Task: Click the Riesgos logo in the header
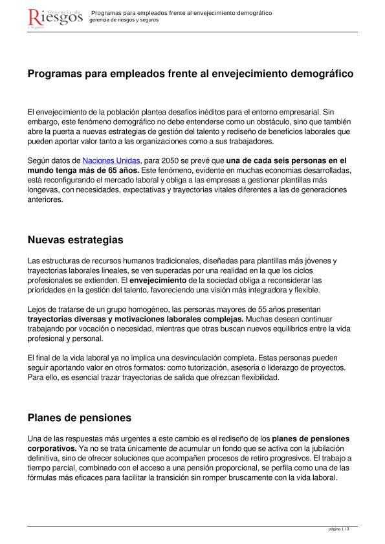pyautogui.click(x=56, y=18)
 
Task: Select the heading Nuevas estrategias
pyautogui.click(x=75, y=240)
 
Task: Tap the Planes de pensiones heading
pyautogui.click(x=80, y=417)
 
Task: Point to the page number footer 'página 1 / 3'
pyautogui.click(x=340, y=529)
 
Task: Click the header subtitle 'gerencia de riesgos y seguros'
pyautogui.click(x=124, y=20)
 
